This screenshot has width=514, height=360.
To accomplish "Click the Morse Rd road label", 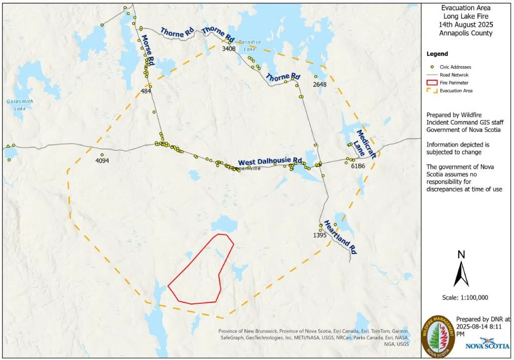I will point(148,51).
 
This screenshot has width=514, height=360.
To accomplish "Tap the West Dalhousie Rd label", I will point(270,162).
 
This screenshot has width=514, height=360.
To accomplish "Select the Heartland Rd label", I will point(339,237).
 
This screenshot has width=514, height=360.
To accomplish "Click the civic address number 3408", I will point(229,49).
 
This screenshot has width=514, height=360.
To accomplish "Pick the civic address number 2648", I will point(320,84).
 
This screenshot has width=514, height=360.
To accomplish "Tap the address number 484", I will point(146,91).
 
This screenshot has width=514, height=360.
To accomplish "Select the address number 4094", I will point(102,161).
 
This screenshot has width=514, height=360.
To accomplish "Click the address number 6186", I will point(358,166).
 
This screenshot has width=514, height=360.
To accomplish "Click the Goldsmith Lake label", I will point(20,104).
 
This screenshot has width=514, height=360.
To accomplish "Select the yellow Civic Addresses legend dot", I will point(432,67).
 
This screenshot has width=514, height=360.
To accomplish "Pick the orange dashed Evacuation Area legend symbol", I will point(432,90).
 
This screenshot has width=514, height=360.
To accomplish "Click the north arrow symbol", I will point(461,270).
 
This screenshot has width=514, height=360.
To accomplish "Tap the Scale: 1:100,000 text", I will point(465,297).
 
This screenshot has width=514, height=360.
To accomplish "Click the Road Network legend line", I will point(432,74).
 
